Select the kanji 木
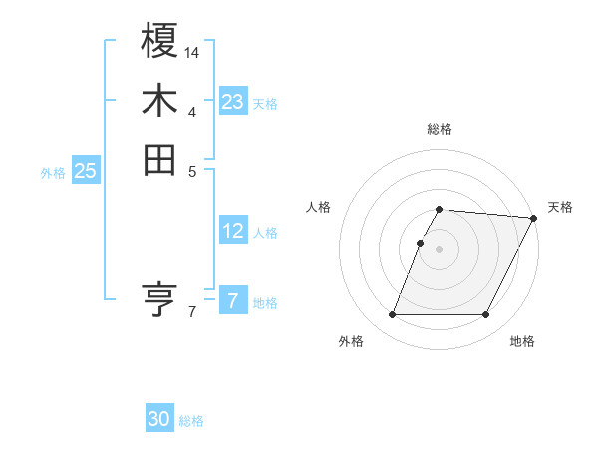click(x=160, y=101)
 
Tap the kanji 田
click(x=160, y=160)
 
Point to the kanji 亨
click(x=160, y=299)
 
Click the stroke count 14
click(x=192, y=52)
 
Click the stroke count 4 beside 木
click(x=192, y=112)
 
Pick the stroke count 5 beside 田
click(x=192, y=171)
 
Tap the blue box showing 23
click(x=233, y=101)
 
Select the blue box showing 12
click(x=233, y=231)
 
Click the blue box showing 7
click(x=233, y=300)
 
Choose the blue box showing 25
click(x=86, y=171)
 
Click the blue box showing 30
click(x=159, y=419)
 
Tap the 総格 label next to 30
click(x=192, y=421)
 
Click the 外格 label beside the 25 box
click(x=53, y=173)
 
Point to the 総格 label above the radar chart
click(x=440, y=129)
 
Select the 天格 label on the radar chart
click(x=560, y=207)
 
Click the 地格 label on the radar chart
click(x=522, y=341)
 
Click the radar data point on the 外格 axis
click(x=393, y=315)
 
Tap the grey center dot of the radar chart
click(x=440, y=249)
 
